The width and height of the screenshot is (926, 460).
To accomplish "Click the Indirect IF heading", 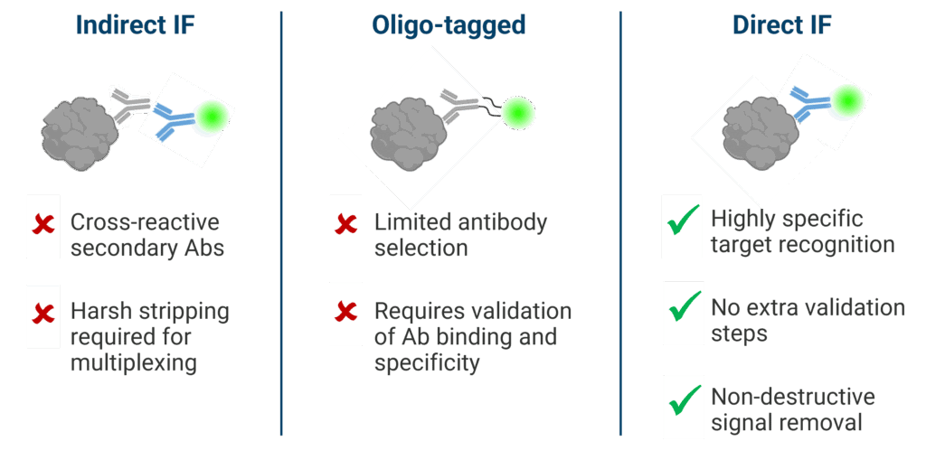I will (x=136, y=24).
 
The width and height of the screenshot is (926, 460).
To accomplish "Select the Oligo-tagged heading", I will (x=449, y=24).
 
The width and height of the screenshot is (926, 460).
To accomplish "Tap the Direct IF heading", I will (x=781, y=24).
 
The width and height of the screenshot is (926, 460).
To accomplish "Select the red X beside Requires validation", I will (x=345, y=313).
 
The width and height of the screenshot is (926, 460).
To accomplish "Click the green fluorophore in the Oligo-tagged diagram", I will (x=518, y=112).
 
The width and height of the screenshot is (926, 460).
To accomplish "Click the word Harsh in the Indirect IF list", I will (x=97, y=313).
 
